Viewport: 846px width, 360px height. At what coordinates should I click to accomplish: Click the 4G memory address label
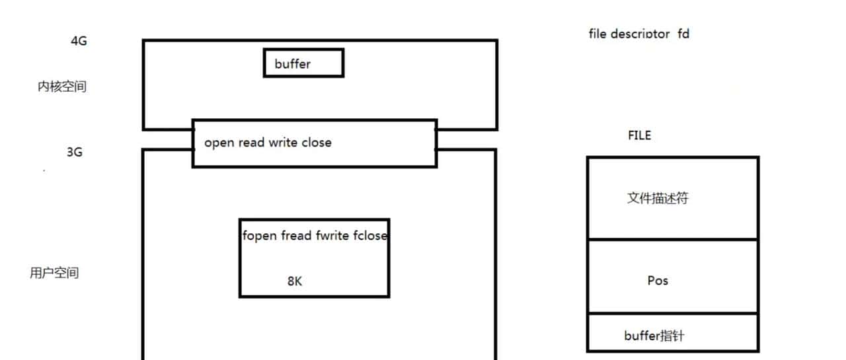tap(79, 41)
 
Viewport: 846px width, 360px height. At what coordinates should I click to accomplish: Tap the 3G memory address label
tap(74, 152)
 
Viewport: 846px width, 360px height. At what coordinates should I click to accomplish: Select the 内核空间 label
tap(61, 87)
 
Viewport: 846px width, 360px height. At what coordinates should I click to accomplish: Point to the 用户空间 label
tap(54, 273)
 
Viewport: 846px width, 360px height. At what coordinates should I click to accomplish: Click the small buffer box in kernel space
tap(303, 63)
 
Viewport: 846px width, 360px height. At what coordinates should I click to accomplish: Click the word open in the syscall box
tap(219, 143)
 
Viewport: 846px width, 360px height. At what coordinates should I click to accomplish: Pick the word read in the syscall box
tap(251, 143)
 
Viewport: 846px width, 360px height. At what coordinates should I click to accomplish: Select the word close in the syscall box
tap(317, 143)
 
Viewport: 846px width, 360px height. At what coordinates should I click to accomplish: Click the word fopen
tap(260, 236)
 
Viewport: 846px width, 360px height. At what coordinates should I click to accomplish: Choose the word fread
tap(296, 236)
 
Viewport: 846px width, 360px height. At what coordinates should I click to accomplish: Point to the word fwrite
tap(332, 236)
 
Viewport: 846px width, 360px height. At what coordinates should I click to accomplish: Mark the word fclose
tap(371, 236)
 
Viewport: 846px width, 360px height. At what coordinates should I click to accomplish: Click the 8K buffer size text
tap(295, 281)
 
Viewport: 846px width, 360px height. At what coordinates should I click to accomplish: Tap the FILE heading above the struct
tap(639, 135)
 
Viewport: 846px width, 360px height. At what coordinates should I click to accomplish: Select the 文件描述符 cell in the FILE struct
tap(658, 198)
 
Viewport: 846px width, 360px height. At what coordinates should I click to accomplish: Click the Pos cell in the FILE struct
tap(658, 281)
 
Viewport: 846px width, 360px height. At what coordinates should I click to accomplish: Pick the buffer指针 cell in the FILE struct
tap(654, 336)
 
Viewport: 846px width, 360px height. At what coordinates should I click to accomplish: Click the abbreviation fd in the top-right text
tap(683, 33)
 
